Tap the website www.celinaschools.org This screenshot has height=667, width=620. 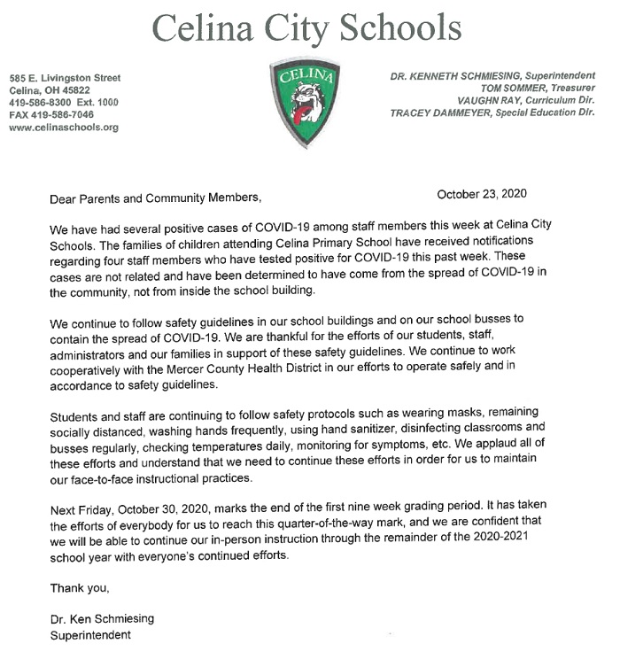tap(63, 128)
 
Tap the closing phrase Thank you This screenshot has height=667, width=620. tap(79, 587)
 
